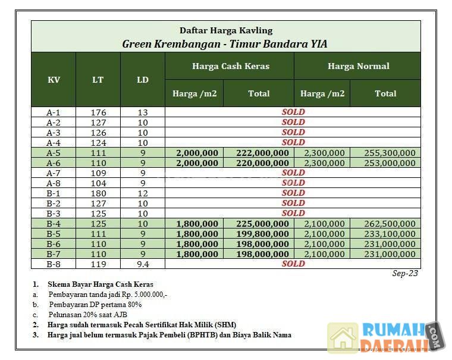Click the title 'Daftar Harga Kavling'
[226, 30]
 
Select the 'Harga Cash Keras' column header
[230, 66]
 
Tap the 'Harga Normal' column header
[358, 66]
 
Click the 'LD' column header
[143, 80]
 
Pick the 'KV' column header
[54, 80]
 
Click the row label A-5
[54, 153]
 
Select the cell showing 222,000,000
[262, 153]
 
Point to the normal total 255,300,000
[390, 153]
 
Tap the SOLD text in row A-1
[293, 112]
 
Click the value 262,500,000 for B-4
[390, 224]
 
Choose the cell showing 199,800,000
[262, 234]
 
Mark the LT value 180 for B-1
[98, 193]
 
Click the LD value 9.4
[143, 264]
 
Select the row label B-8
[54, 264]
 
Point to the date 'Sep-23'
[406, 274]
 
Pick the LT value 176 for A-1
[98, 112]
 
